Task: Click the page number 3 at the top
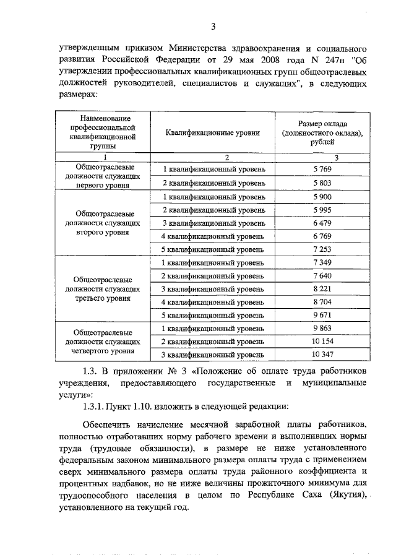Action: pos(212,26)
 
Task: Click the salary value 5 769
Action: pos(319,169)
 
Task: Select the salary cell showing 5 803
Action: pos(319,183)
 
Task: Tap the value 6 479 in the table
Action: pos(319,223)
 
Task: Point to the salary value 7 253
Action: pos(319,249)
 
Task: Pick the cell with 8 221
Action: pos(319,289)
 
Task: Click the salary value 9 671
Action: pos(319,316)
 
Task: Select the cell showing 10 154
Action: pos(319,342)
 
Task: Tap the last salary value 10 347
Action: pos(319,355)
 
